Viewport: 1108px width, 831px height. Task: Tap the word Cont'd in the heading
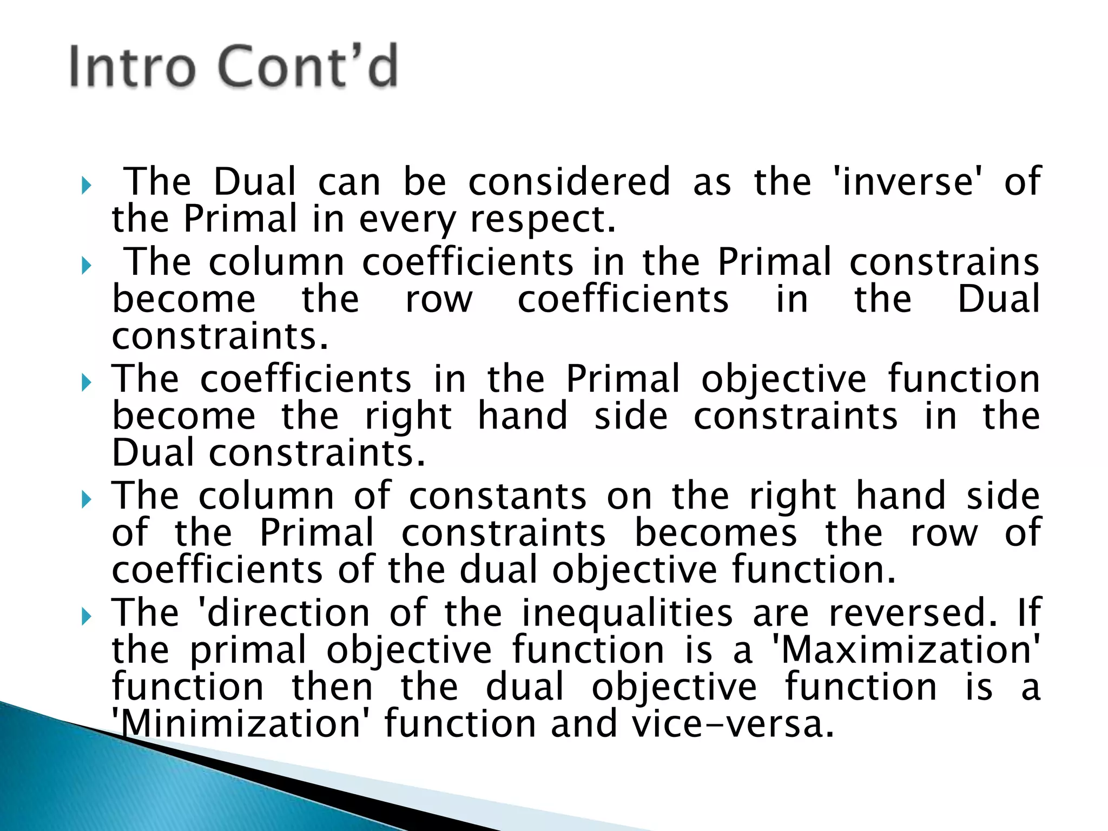click(308, 67)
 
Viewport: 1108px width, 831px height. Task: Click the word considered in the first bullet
click(569, 182)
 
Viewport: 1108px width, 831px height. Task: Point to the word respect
click(543, 220)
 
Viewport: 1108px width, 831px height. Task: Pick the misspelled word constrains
click(944, 262)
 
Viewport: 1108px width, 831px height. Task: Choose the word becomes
click(716, 533)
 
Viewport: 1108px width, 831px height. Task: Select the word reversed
click(913, 613)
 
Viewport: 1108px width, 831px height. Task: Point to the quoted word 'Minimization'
click(237, 724)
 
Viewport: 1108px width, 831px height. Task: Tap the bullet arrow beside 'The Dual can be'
click(87, 186)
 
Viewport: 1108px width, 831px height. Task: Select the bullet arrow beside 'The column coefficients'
click(87, 266)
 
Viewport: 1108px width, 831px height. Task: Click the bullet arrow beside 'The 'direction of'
click(87, 616)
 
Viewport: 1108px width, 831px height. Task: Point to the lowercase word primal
click(248, 651)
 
